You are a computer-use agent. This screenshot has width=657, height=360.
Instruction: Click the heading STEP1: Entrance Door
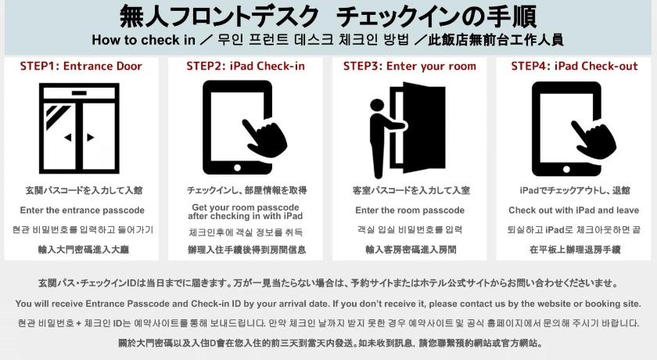click(x=81, y=67)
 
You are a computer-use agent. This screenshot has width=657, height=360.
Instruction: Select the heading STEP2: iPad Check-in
click(x=246, y=67)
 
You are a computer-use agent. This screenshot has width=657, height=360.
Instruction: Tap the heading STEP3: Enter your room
click(x=410, y=67)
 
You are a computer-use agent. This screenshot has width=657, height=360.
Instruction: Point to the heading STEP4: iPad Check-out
click(x=574, y=67)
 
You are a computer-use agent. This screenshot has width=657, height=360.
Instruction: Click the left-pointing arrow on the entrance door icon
click(x=68, y=137)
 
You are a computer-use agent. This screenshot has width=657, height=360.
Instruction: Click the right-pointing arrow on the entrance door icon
click(x=91, y=137)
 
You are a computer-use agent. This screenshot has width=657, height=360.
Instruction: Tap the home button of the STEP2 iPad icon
click(x=237, y=167)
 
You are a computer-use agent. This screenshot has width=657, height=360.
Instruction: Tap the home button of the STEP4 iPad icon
click(x=566, y=169)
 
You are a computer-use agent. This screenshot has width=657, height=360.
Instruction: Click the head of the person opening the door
click(x=377, y=105)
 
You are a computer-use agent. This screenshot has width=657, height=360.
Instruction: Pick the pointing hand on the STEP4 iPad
click(x=595, y=139)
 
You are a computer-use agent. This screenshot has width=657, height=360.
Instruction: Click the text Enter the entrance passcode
click(x=82, y=211)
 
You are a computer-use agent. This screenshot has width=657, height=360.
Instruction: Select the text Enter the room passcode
click(x=410, y=211)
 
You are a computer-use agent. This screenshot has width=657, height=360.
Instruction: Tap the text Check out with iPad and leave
click(x=573, y=211)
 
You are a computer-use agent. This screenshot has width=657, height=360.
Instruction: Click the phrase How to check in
click(x=144, y=40)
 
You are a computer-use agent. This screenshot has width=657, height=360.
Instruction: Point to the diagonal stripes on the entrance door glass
click(x=56, y=115)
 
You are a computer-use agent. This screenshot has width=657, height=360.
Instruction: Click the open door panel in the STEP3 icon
click(x=423, y=128)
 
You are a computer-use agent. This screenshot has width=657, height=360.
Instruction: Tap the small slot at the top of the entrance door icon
click(x=79, y=93)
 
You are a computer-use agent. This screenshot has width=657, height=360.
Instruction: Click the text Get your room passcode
click(x=246, y=207)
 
